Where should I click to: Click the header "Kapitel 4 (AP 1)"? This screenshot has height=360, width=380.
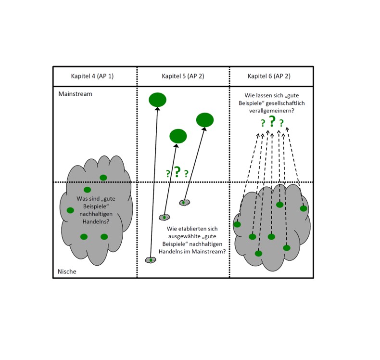(x=92, y=76)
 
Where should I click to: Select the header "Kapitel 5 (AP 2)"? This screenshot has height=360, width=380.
(x=183, y=76)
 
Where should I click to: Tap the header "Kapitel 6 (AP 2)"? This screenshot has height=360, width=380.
(x=269, y=76)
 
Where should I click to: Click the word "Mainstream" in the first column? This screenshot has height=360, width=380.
(x=75, y=94)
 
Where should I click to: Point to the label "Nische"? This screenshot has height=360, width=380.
(x=67, y=271)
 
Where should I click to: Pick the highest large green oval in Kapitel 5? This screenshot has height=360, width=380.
(x=157, y=100)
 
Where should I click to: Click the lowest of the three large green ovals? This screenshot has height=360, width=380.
(x=178, y=136)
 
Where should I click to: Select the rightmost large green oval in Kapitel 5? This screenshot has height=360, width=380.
(x=205, y=120)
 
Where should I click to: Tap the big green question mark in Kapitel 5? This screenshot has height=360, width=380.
(x=177, y=172)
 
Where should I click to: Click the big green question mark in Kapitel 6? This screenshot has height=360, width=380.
(x=272, y=122)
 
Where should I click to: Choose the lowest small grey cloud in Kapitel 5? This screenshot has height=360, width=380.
(x=151, y=260)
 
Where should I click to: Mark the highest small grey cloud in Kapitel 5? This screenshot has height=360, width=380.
(x=183, y=203)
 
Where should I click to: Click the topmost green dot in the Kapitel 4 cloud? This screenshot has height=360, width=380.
(x=103, y=178)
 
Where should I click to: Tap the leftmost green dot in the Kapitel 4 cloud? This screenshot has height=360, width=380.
(x=70, y=210)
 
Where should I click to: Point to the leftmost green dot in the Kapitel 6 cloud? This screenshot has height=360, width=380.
(x=237, y=224)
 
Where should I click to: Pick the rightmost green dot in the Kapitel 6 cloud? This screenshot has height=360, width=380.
(x=304, y=208)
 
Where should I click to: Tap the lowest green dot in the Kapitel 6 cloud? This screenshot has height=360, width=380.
(x=258, y=254)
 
